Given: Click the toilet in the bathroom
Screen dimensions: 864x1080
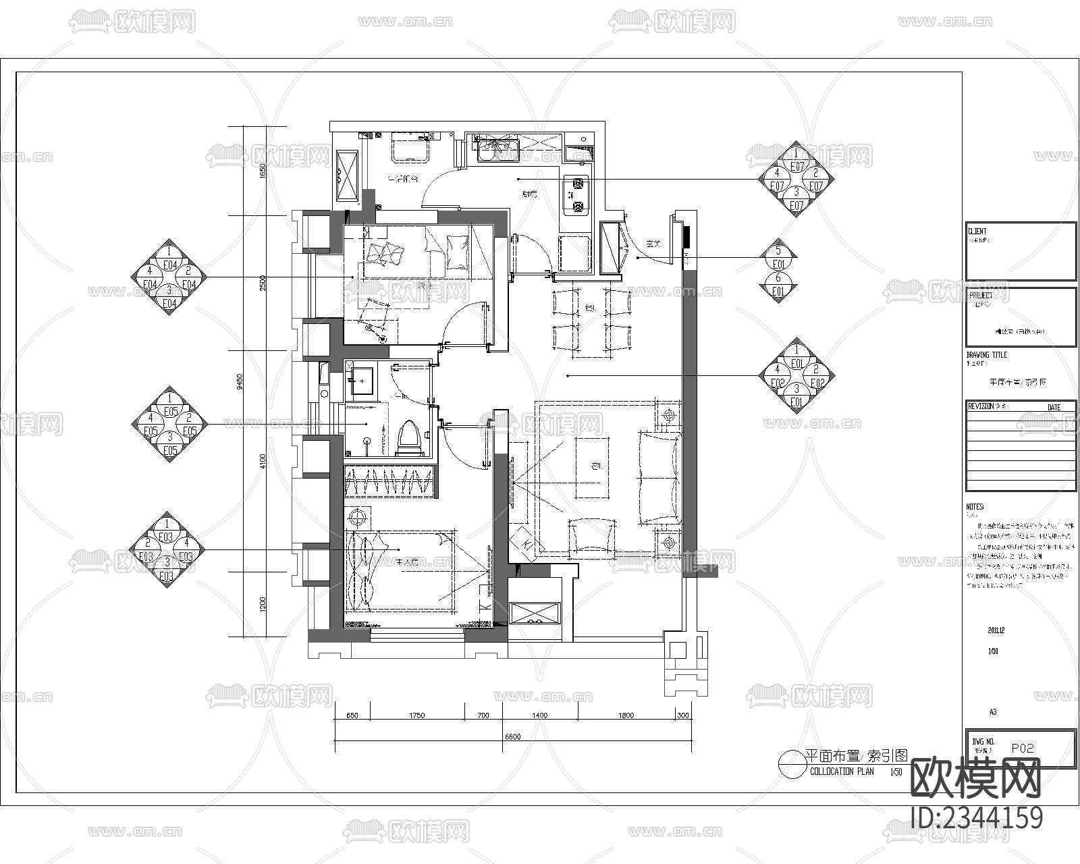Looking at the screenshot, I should [410, 437].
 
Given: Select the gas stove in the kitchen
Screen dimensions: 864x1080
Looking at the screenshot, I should [576, 194].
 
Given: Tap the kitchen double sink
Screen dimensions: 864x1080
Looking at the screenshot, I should [497, 149].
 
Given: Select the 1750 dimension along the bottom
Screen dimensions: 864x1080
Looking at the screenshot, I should [416, 715].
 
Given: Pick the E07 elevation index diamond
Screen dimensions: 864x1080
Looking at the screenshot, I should [796, 180].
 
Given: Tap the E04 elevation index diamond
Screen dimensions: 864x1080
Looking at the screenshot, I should [169, 277].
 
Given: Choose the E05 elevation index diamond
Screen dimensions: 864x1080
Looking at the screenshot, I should [169, 424].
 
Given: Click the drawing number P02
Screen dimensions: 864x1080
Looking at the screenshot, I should [1023, 748].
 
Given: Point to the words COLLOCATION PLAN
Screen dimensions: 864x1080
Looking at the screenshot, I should [841, 772].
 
